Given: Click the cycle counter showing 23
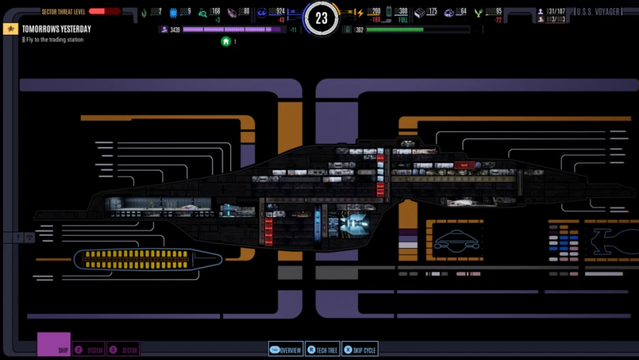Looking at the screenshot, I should tap(321, 18).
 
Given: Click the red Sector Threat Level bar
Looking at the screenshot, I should tap(104, 12).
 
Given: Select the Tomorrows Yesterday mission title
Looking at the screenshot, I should tap(56, 29).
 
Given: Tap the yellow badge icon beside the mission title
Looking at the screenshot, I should tap(10, 29).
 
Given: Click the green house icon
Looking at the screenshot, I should tap(226, 42).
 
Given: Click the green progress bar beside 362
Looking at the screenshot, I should tap(417, 30).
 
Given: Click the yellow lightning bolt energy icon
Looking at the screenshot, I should tap(360, 12).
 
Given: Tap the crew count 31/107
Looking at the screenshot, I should tap(557, 12).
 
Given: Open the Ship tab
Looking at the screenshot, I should tap(54, 344).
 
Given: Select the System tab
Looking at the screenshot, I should tap(89, 350).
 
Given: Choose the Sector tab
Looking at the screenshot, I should tap(124, 350).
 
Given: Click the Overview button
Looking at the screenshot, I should tap(285, 350).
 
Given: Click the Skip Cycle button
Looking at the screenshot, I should tap(360, 350).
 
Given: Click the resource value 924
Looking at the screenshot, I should tap(276, 12).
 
